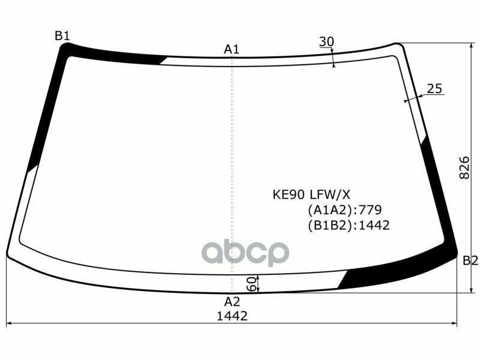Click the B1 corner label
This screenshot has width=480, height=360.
(62, 36)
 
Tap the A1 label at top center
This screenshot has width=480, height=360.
(232, 49)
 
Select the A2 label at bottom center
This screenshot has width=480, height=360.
(232, 301)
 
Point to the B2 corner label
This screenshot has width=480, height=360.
(470, 260)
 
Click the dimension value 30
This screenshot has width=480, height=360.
(326, 41)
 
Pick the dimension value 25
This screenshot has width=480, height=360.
(434, 89)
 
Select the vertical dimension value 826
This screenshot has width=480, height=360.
(464, 169)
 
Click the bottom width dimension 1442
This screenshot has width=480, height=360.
(232, 316)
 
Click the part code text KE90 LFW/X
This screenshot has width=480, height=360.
(311, 194)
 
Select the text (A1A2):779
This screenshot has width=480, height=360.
(344, 210)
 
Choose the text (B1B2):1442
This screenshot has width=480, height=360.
(349, 226)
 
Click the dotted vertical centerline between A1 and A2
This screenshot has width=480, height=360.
(232, 168)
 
